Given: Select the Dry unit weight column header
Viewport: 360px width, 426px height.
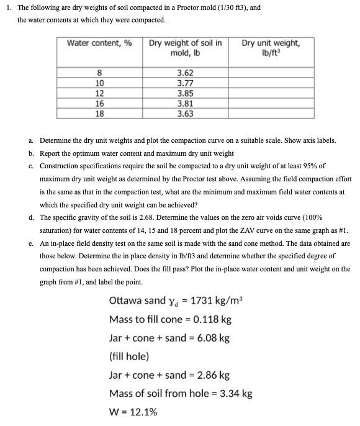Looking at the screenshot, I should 270,47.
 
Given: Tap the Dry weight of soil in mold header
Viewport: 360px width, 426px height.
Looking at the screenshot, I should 184,47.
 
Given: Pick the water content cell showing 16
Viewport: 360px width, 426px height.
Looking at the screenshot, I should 99,104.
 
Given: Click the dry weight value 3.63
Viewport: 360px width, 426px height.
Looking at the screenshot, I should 184,114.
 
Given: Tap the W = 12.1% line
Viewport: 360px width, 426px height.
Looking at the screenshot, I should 133,412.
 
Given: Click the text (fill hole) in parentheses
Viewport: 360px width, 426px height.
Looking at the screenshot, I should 128,357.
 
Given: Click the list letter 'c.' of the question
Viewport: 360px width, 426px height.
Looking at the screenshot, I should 31,166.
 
